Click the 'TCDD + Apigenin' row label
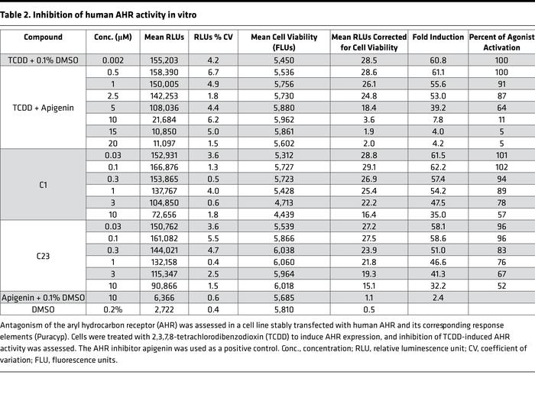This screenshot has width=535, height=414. coord(43,108)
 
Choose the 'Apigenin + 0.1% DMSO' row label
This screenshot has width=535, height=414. coord(43,297)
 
